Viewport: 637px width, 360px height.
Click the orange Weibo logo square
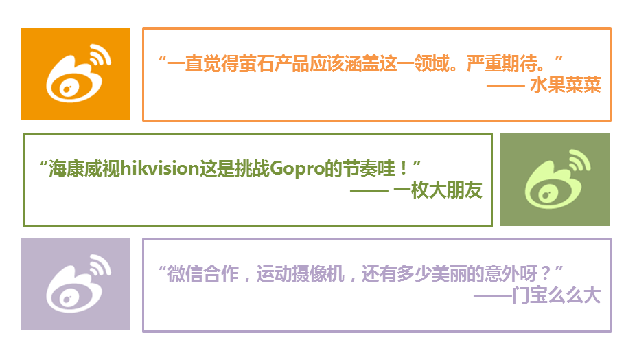click(76, 74)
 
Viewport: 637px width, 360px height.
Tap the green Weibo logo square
click(555, 179)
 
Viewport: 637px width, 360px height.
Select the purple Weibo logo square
click(76, 284)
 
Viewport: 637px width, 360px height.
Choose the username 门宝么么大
click(557, 295)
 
